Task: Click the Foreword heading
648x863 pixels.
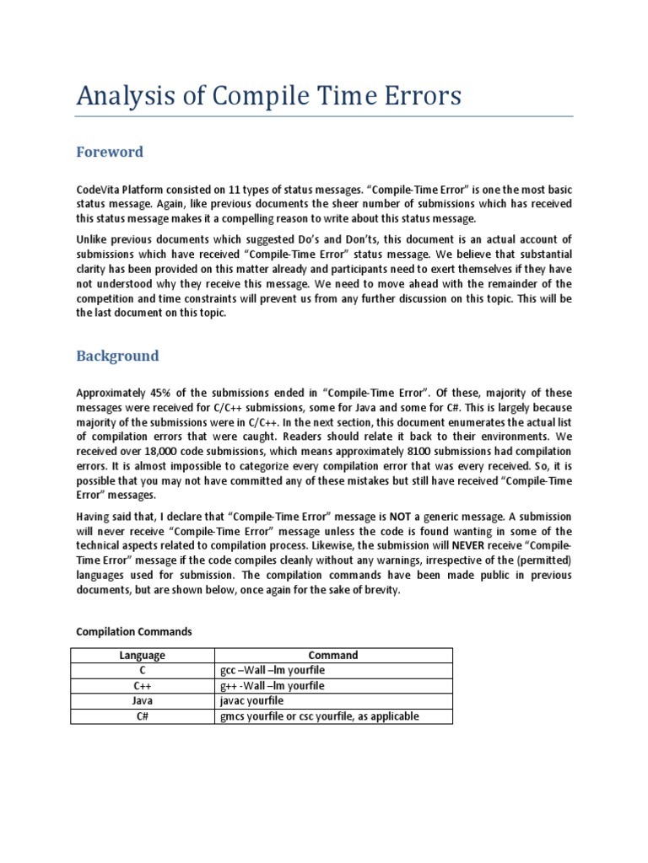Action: click(110, 153)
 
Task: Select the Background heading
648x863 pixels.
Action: click(117, 356)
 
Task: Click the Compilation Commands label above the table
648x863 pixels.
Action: click(134, 631)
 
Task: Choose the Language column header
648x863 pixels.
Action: click(143, 655)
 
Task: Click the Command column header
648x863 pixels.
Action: click(333, 655)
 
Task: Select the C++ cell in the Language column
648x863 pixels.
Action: click(143, 686)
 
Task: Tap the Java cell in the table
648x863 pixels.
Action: click(143, 701)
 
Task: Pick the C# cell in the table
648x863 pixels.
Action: click(143, 716)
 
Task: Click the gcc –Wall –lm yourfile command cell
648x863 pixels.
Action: click(272, 671)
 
